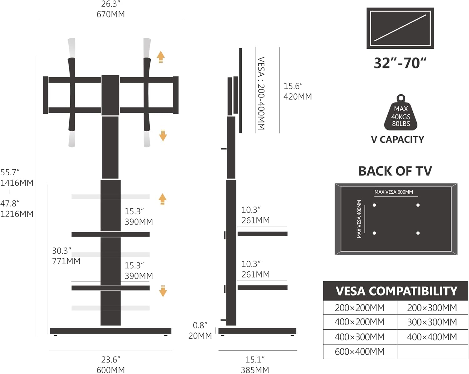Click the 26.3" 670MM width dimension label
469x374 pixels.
click(111, 9)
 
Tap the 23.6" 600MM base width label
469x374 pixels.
click(111, 365)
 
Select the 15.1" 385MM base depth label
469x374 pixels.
click(255, 365)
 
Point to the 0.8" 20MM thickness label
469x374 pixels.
click(200, 331)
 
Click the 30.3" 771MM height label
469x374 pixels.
click(66, 256)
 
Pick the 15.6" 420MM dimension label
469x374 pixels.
click(297, 91)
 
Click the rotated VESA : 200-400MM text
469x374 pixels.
click(261, 93)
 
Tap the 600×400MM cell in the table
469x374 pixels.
click(360, 352)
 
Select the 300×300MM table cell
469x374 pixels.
click(432, 322)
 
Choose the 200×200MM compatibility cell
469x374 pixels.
click(360, 308)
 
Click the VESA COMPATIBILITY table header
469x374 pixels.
click(396, 291)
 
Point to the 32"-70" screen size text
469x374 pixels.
click(400, 63)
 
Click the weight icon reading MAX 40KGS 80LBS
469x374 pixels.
click(401, 113)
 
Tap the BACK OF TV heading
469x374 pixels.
click(395, 171)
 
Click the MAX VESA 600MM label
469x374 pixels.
click(394, 192)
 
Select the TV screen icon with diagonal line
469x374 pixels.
click(400, 28)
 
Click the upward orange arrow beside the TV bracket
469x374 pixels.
click(161, 57)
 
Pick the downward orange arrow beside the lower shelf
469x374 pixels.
click(163, 291)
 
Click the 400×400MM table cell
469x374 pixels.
click(432, 337)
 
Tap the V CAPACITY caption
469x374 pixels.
click(397, 139)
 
